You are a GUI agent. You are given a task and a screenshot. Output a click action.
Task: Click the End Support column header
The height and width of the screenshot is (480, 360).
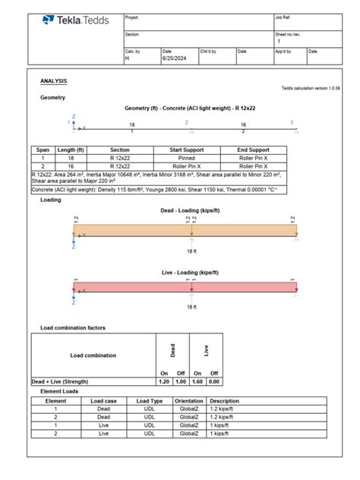pos(253,150)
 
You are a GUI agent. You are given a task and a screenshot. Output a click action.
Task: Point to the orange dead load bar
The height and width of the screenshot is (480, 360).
pos(185,229)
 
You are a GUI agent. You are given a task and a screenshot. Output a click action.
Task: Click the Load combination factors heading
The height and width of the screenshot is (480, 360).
pos(77,327)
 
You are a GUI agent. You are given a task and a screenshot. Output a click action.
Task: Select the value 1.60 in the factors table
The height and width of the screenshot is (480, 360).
pos(197,381)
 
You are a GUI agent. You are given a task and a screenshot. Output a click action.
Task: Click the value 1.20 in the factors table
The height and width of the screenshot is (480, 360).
pos(163,381)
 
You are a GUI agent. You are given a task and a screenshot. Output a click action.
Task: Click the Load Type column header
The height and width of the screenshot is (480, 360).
pos(150,400)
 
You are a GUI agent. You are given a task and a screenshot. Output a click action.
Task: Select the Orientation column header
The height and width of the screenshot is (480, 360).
pos(189,400)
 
